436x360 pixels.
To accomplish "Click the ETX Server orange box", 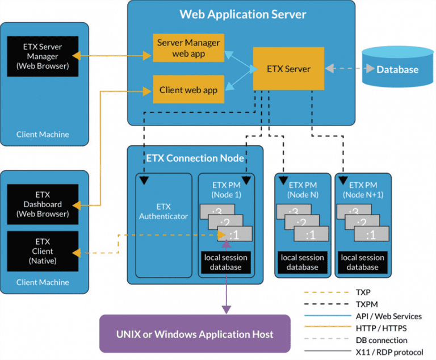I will pyautogui.click(x=288, y=69).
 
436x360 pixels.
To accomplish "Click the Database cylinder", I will pyautogui.click(x=397, y=69).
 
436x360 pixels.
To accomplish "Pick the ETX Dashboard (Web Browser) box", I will pyautogui.click(x=43, y=204).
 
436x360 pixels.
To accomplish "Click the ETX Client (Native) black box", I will pyautogui.click(x=43, y=251).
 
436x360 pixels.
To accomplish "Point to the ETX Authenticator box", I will pyautogui.click(x=163, y=211).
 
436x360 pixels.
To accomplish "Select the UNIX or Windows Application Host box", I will pyautogui.click(x=195, y=334).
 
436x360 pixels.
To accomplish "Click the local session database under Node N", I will pyautogui.click(x=302, y=262).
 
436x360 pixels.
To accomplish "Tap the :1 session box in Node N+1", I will pyautogui.click(x=371, y=235).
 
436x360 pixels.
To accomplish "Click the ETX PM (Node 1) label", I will pyautogui.click(x=226, y=189).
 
